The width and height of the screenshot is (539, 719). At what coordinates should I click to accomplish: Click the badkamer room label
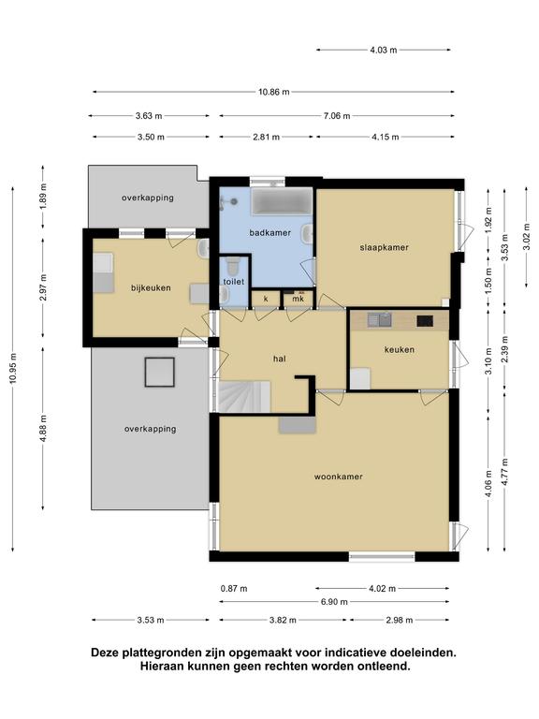pos(269,233)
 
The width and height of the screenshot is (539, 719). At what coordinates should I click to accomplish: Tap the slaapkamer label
pos(384,247)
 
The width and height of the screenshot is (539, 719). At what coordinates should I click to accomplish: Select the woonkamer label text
pos(338,477)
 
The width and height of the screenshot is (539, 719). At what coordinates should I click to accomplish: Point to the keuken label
pos(400,350)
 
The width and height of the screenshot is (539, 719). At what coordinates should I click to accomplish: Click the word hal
pos(280,359)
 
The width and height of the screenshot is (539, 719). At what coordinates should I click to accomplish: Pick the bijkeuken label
pos(151,288)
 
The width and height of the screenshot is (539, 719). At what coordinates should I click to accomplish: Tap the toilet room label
pos(234,282)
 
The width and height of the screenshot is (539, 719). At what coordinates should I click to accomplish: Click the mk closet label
pos(299,299)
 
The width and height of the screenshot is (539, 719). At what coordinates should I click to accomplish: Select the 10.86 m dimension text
pos(273,92)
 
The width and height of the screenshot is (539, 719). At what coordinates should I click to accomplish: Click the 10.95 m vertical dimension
pos(13,369)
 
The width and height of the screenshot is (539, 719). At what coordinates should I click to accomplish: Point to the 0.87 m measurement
pos(234,588)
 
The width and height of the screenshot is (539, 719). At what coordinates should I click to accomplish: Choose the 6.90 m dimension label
pos(334,602)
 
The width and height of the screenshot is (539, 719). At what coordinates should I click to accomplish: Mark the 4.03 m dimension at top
pos(384,50)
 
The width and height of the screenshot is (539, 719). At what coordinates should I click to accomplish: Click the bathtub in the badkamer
pos(282,201)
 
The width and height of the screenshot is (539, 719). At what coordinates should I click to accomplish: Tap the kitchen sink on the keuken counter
pos(380,319)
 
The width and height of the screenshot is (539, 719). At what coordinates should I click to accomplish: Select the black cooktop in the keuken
pos(425,321)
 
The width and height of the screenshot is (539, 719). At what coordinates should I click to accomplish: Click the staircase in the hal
pos(244,397)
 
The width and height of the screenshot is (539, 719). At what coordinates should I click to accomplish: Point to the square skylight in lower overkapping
pos(160,372)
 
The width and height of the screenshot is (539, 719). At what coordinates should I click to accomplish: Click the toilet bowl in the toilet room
pos(233,264)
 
